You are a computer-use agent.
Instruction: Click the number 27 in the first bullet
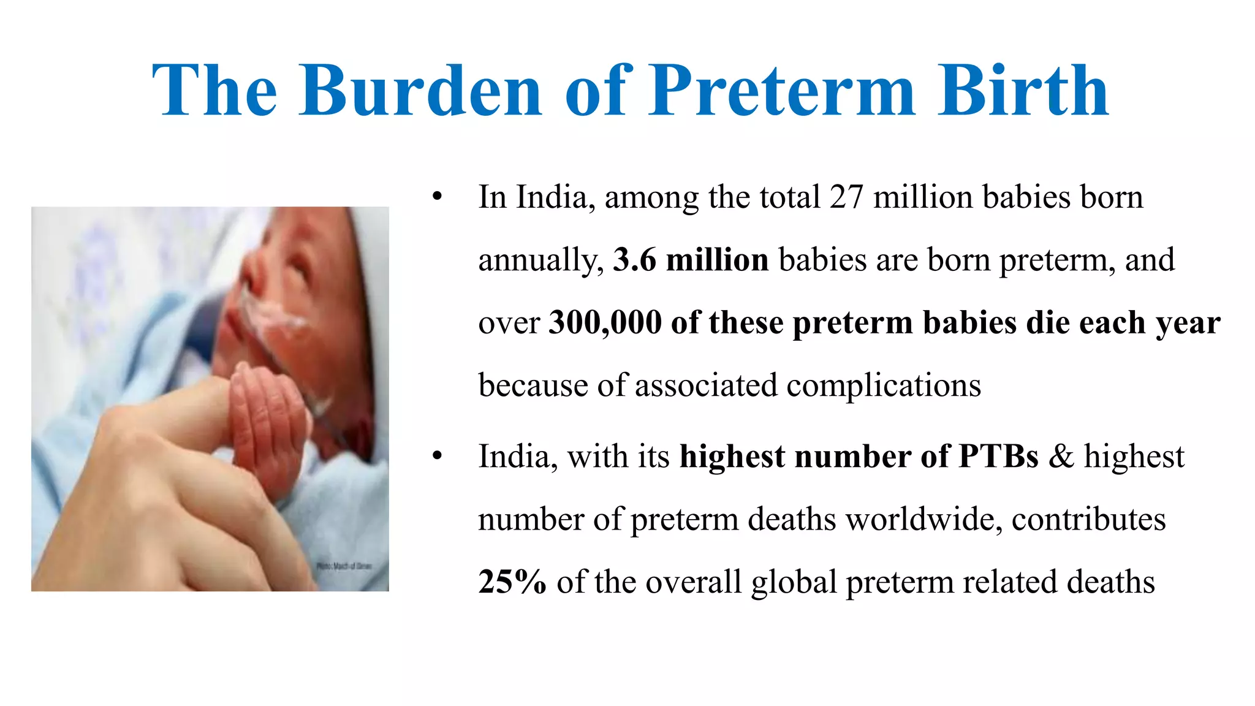tap(846, 197)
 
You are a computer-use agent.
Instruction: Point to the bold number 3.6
tap(634, 260)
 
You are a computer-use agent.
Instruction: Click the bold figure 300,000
tap(605, 322)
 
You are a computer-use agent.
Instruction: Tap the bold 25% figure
tap(512, 582)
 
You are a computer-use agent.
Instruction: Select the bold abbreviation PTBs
tap(998, 457)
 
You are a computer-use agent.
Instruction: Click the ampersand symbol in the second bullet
tap(1061, 457)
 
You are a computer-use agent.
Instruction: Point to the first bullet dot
tap(437, 197)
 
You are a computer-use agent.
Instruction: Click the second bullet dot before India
tap(437, 457)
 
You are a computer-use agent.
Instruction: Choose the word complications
tap(883, 385)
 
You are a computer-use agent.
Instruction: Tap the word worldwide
tap(923, 519)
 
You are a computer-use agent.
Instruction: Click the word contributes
tap(1088, 519)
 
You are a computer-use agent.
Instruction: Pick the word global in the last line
tap(794, 582)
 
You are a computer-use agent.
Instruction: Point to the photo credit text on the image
tap(344, 566)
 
